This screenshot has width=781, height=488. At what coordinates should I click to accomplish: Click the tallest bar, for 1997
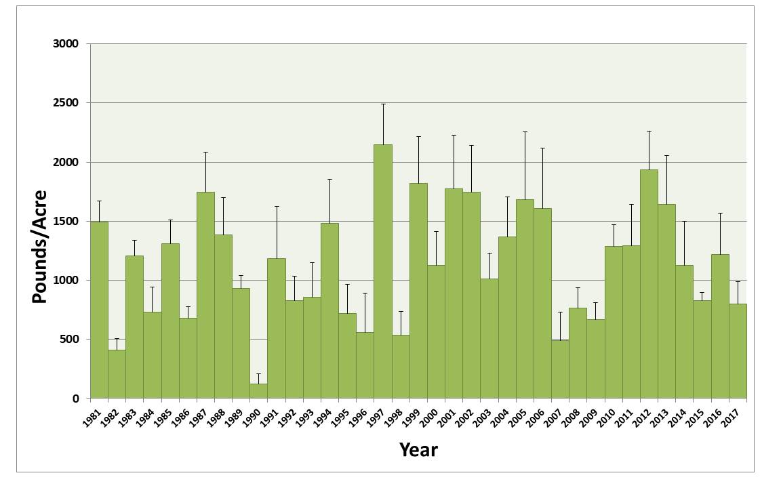pyautogui.click(x=383, y=271)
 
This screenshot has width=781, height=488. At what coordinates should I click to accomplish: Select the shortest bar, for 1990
pyautogui.click(x=258, y=391)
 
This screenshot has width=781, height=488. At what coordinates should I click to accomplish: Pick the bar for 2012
pyautogui.click(x=649, y=284)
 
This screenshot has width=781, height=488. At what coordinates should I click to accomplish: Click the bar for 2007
pyautogui.click(x=560, y=369)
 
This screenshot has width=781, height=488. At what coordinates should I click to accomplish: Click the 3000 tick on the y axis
pyautogui.click(x=65, y=44)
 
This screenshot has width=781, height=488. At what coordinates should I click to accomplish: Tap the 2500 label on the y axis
pyautogui.click(x=65, y=103)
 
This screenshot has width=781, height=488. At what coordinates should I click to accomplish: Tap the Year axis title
pyautogui.click(x=418, y=449)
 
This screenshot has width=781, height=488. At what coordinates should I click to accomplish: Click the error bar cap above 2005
pyautogui.click(x=525, y=131)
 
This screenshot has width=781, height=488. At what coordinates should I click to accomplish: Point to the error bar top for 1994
pyautogui.click(x=329, y=179)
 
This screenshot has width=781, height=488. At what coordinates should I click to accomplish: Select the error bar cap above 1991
pyautogui.click(x=277, y=206)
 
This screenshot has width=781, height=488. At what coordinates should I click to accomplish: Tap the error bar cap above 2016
pyautogui.click(x=720, y=213)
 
